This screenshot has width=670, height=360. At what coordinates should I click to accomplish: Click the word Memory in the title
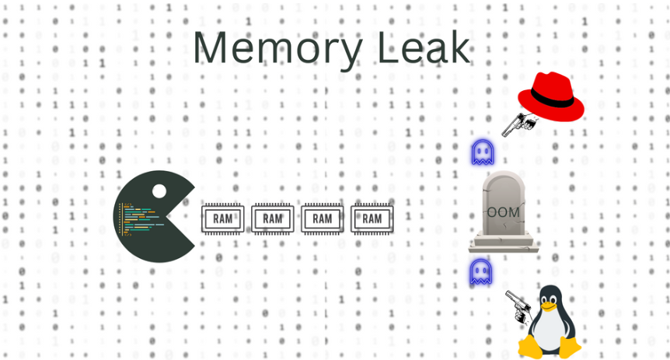click(x=277, y=48)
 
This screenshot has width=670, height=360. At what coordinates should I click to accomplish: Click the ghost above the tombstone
click(x=483, y=152)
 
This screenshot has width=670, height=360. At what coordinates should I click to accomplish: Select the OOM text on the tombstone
click(x=503, y=211)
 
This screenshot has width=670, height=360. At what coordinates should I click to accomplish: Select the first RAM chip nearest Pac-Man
click(x=222, y=218)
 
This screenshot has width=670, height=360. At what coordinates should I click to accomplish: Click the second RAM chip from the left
click(x=272, y=218)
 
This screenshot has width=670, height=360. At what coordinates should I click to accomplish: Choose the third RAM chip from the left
click(x=322, y=218)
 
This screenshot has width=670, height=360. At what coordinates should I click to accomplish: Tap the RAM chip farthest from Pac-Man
click(x=372, y=218)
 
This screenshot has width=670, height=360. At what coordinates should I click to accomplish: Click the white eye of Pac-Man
click(x=159, y=190)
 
